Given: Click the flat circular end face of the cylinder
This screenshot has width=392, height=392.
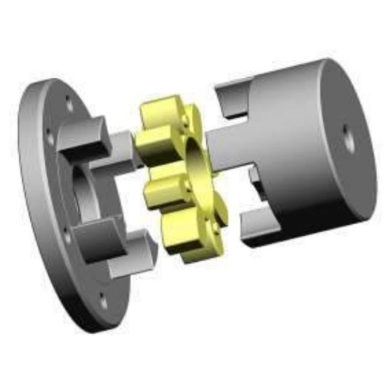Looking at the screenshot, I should (x=347, y=139).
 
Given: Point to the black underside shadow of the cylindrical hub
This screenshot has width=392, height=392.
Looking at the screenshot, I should (x=302, y=235).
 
